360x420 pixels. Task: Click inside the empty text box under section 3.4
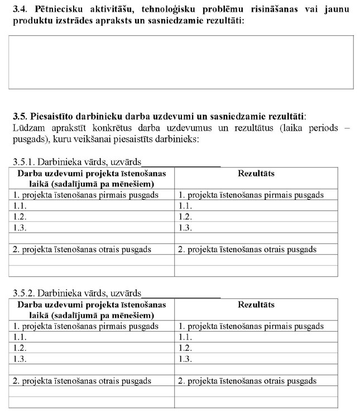181,62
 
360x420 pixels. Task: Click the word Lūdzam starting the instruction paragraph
28,128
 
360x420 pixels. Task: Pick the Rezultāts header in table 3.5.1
256,174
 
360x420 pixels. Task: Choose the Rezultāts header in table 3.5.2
256,305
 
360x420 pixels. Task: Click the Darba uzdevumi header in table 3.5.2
92,310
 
